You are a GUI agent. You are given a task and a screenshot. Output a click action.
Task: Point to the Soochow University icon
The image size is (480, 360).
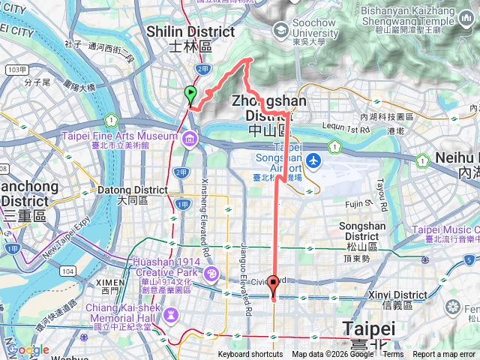281,30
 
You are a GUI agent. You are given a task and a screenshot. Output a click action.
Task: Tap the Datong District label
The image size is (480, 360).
134,195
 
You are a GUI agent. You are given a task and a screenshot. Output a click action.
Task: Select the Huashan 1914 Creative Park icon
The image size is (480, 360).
211,273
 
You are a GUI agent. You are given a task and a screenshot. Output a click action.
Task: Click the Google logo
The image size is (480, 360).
28,350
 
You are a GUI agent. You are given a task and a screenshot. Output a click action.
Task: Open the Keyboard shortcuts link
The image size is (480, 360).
250,355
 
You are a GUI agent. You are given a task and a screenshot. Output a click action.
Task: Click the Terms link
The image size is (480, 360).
393,355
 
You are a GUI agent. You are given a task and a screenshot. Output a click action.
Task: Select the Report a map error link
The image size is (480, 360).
444,355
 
